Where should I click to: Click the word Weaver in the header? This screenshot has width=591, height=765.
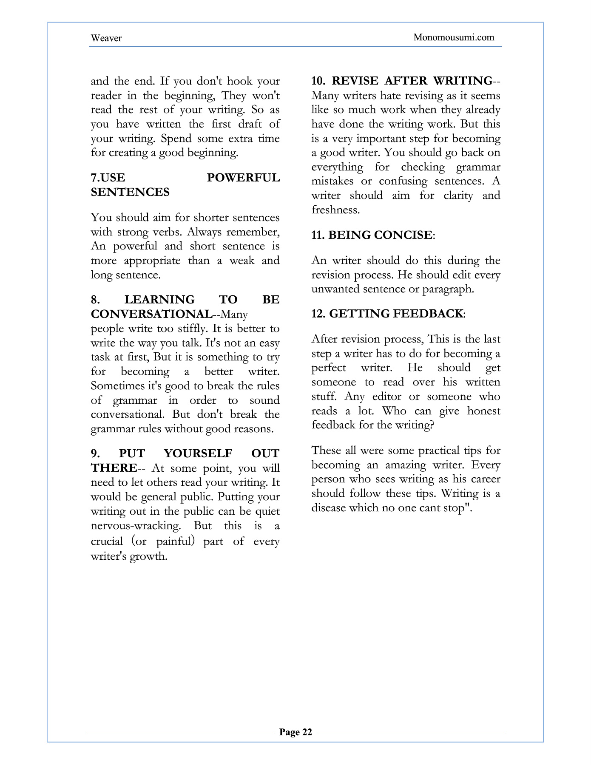pyautogui.click(x=106, y=38)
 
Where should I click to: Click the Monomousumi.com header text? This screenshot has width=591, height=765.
pyautogui.click(x=454, y=37)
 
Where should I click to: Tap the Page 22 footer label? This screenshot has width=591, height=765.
pyautogui.click(x=295, y=732)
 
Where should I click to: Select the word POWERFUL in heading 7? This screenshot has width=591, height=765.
pyautogui.click(x=243, y=178)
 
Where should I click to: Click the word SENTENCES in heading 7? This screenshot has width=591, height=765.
pyautogui.click(x=130, y=192)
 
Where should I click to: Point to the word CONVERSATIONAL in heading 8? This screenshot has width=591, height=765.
pyautogui.click(x=151, y=314)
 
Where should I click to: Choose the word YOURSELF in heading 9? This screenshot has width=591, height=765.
pyautogui.click(x=198, y=453)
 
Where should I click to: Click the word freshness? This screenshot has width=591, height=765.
pyautogui.click(x=335, y=210)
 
